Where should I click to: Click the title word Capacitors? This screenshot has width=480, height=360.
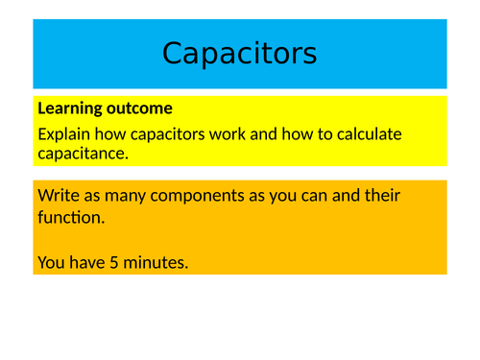click(239, 54)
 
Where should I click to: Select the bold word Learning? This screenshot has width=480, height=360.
click(69, 108)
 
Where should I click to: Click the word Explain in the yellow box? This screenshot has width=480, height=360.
click(68, 134)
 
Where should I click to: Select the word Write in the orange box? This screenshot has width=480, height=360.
click(60, 196)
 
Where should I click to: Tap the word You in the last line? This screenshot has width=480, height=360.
click(51, 261)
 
